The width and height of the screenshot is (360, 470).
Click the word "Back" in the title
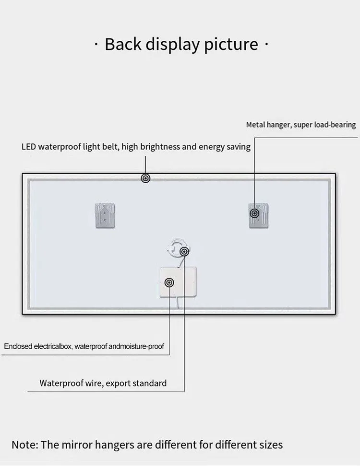[122, 44]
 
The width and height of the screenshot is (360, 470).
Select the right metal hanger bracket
[259, 215]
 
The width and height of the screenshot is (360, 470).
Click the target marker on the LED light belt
[146, 178]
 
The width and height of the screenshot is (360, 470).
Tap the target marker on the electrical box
[169, 282]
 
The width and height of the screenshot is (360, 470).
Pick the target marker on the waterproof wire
[184, 251]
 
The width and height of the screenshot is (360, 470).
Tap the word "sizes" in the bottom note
[270, 445]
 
